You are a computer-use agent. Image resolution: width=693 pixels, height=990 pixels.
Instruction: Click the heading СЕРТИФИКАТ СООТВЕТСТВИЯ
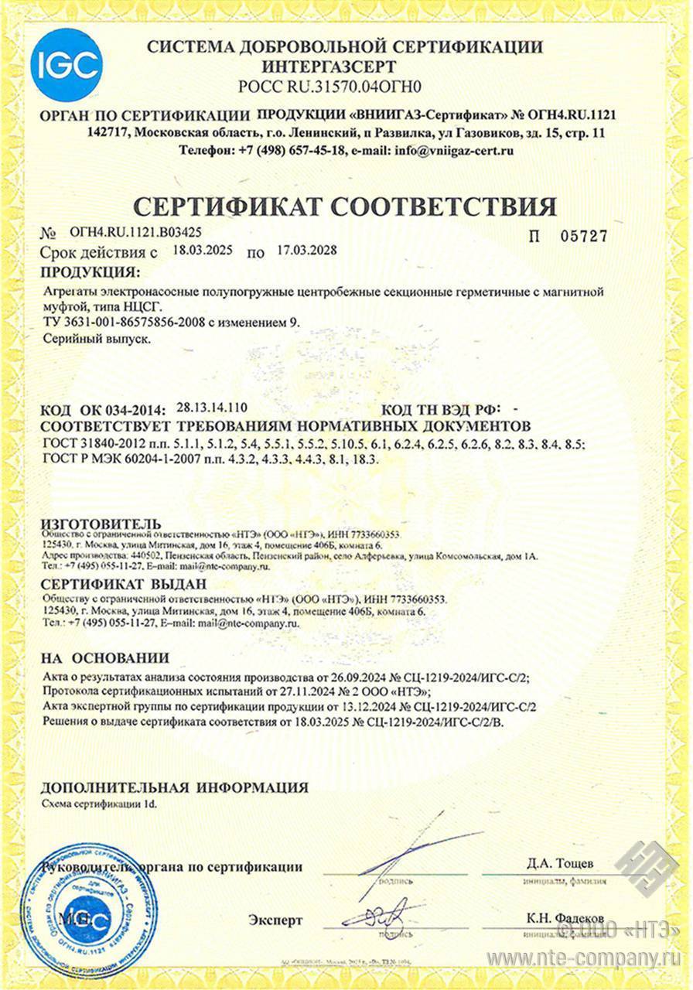[345, 206]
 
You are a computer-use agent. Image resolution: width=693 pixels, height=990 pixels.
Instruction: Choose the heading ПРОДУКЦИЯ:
[90, 272]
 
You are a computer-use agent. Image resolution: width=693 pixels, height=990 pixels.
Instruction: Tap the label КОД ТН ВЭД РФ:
[442, 409]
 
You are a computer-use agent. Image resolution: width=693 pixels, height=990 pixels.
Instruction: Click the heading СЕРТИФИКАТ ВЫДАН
[123, 584]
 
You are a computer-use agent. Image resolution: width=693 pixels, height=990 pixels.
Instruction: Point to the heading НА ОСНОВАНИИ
[104, 658]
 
